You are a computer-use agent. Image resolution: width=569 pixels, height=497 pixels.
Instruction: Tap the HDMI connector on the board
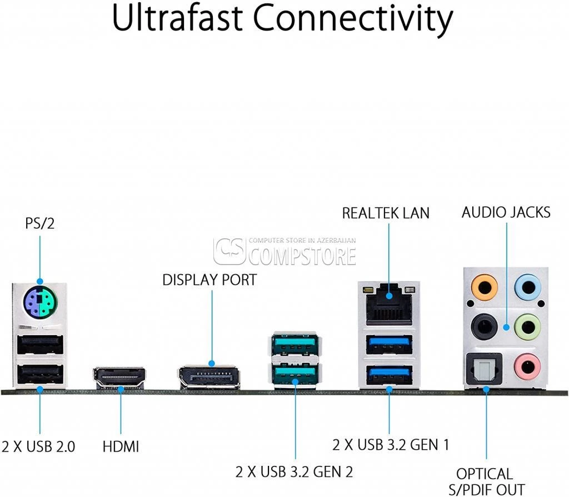[x=119, y=378]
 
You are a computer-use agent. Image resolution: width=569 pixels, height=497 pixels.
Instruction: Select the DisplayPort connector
[x=209, y=377]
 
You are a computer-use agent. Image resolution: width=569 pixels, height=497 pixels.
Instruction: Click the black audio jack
[x=484, y=327]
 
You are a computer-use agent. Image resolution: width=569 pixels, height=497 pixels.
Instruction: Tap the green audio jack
[x=528, y=327]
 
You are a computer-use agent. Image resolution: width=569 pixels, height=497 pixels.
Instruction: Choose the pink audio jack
[x=528, y=367]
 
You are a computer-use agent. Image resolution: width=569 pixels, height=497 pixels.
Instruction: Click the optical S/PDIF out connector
[x=484, y=369]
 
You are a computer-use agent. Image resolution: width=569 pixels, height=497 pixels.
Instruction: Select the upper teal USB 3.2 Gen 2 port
[x=295, y=345]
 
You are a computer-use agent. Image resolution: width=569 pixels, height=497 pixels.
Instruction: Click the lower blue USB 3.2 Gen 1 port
[x=389, y=375]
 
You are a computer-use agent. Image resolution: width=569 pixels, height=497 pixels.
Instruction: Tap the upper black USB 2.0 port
[x=40, y=344]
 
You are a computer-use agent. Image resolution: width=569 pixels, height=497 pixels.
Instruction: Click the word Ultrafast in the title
[x=177, y=18]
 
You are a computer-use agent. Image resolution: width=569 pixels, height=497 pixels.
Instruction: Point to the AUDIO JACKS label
[x=506, y=212]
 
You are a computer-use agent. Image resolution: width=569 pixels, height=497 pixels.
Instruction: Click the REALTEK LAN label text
[x=386, y=213]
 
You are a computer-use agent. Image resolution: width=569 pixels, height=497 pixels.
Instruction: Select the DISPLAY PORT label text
[x=209, y=280]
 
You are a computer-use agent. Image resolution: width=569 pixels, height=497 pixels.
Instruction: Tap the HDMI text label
[x=121, y=446]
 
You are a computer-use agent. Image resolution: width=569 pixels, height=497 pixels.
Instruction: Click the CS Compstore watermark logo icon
[x=229, y=251]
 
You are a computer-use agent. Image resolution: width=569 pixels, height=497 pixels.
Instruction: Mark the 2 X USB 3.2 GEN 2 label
[x=294, y=472]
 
